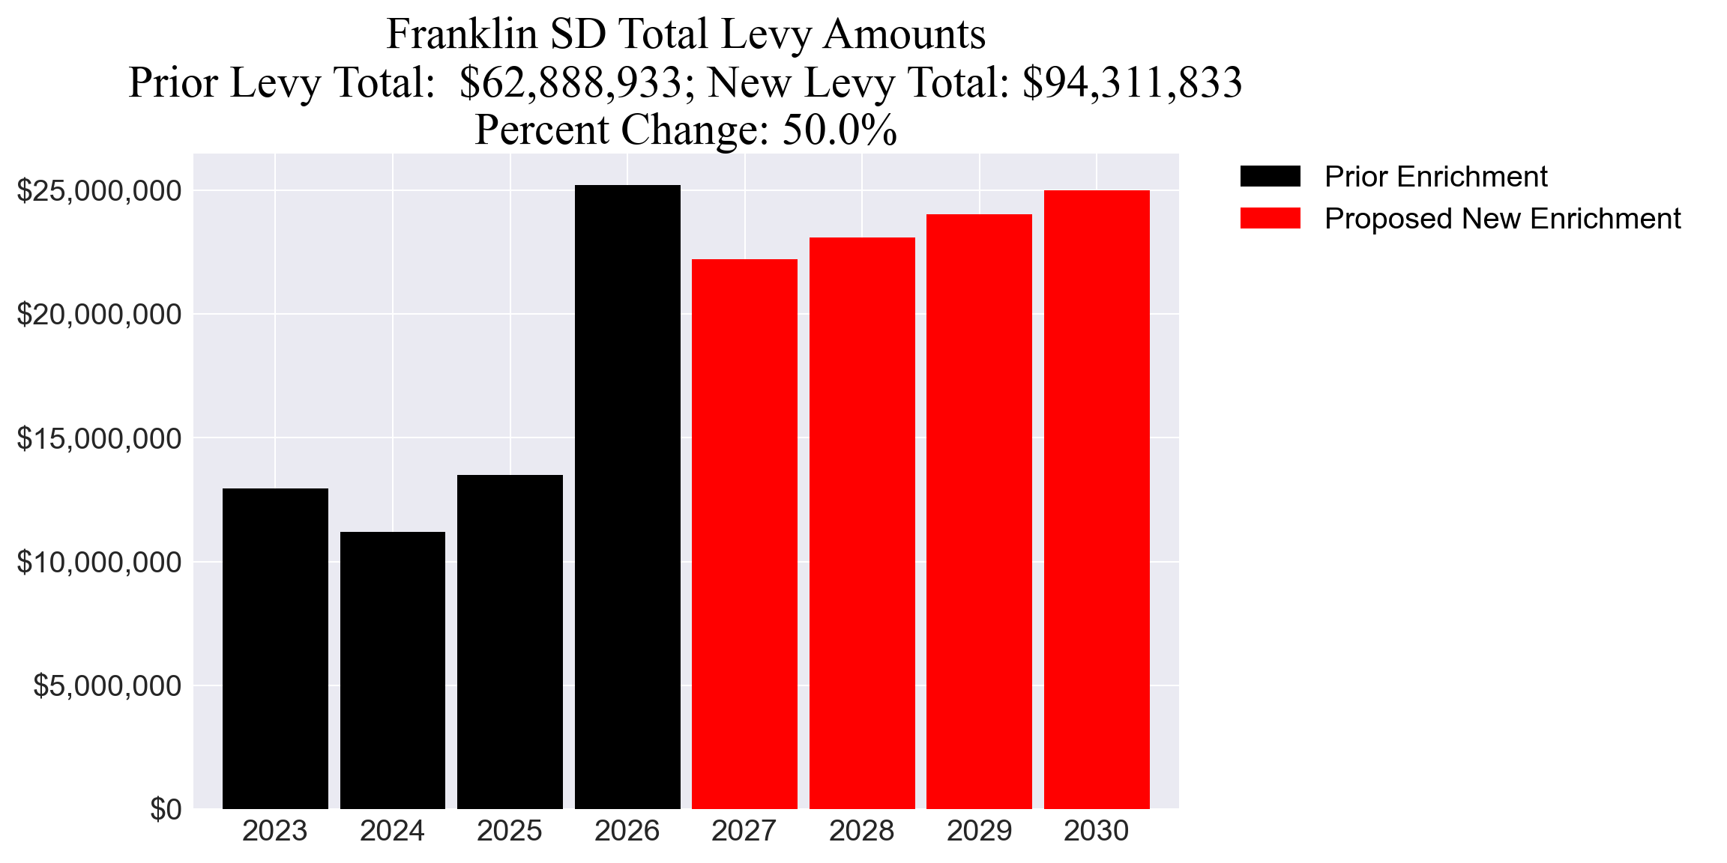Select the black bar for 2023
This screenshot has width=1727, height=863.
275,648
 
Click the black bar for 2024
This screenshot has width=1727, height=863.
392,670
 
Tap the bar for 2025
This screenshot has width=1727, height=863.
510,641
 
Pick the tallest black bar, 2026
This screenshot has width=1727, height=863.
627,496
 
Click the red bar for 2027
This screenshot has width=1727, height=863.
744,533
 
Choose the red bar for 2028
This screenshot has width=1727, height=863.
862,522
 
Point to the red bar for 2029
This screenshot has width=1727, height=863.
979,511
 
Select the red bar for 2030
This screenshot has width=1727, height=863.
1097,499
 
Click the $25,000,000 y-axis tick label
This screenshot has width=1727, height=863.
99,191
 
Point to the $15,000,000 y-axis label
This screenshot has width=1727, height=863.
99,438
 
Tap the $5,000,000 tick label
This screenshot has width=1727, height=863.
107,685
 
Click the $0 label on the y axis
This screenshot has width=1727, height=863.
166,809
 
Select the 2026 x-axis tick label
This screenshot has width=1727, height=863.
627,831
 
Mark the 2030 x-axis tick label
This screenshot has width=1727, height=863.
1096,831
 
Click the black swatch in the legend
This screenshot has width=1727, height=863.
1270,177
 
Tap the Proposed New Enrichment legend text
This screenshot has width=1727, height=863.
1502,219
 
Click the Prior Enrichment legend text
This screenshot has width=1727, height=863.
1435,177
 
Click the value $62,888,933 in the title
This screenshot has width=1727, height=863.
570,82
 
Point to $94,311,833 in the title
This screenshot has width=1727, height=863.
1132,82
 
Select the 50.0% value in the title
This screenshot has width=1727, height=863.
840,130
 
